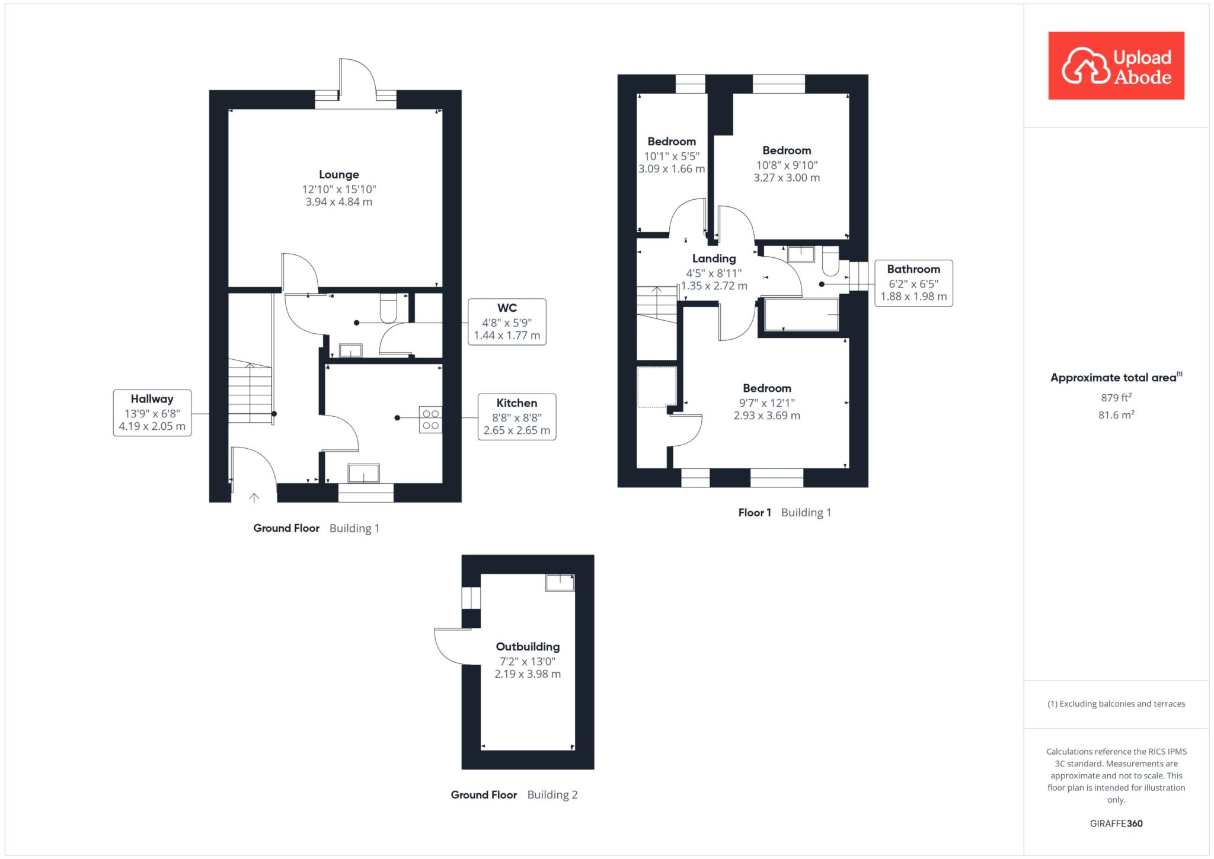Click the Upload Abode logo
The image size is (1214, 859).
1116,65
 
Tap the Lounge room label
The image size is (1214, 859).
339,174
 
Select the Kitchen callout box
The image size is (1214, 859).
517,417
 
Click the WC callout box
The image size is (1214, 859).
507,322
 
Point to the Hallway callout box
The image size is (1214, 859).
152,413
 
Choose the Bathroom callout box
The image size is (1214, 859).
913,283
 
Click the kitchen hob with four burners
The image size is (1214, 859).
431,419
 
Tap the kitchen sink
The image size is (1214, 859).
363,473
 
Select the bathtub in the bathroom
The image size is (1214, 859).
801,314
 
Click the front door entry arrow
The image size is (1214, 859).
254,498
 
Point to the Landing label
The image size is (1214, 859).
714,258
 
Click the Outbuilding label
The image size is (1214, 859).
528,647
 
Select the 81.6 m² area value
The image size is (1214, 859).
1116,415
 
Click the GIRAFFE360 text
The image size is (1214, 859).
1116,823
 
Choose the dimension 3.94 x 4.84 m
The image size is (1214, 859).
339,202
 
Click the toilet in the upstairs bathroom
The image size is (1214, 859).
830,262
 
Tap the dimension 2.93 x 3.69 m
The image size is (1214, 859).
767,416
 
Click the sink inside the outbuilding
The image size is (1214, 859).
560,583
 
